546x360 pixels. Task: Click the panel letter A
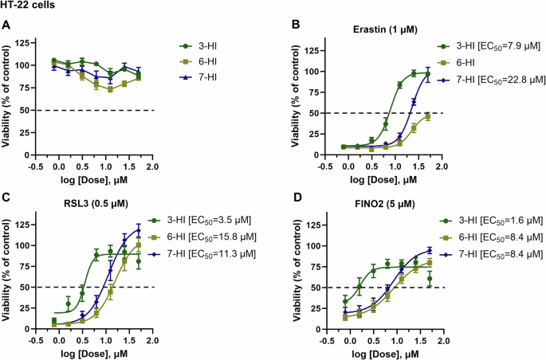(6, 25)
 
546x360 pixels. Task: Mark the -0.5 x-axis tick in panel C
(37, 338)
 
